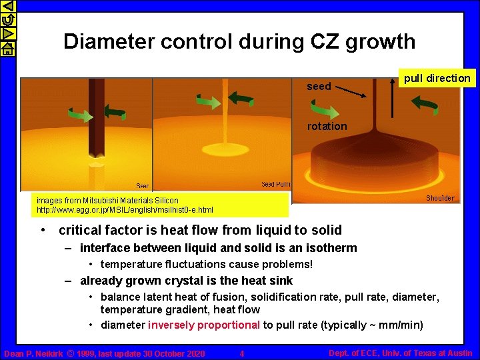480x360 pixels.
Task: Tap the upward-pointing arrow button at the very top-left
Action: click(7, 6)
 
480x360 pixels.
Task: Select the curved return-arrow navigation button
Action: click(7, 19)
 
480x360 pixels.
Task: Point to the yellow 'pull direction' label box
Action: click(437, 78)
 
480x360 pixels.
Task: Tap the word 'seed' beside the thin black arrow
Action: click(319, 87)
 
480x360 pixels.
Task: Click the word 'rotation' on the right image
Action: click(327, 126)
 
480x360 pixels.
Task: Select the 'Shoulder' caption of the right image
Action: click(440, 198)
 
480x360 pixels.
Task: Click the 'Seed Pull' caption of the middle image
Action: click(275, 185)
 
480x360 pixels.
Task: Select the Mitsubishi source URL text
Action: click(125, 210)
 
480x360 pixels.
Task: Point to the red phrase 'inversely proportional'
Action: click(204, 325)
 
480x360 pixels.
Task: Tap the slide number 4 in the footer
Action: click(242, 353)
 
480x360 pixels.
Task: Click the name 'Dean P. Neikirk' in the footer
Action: click(33, 353)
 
